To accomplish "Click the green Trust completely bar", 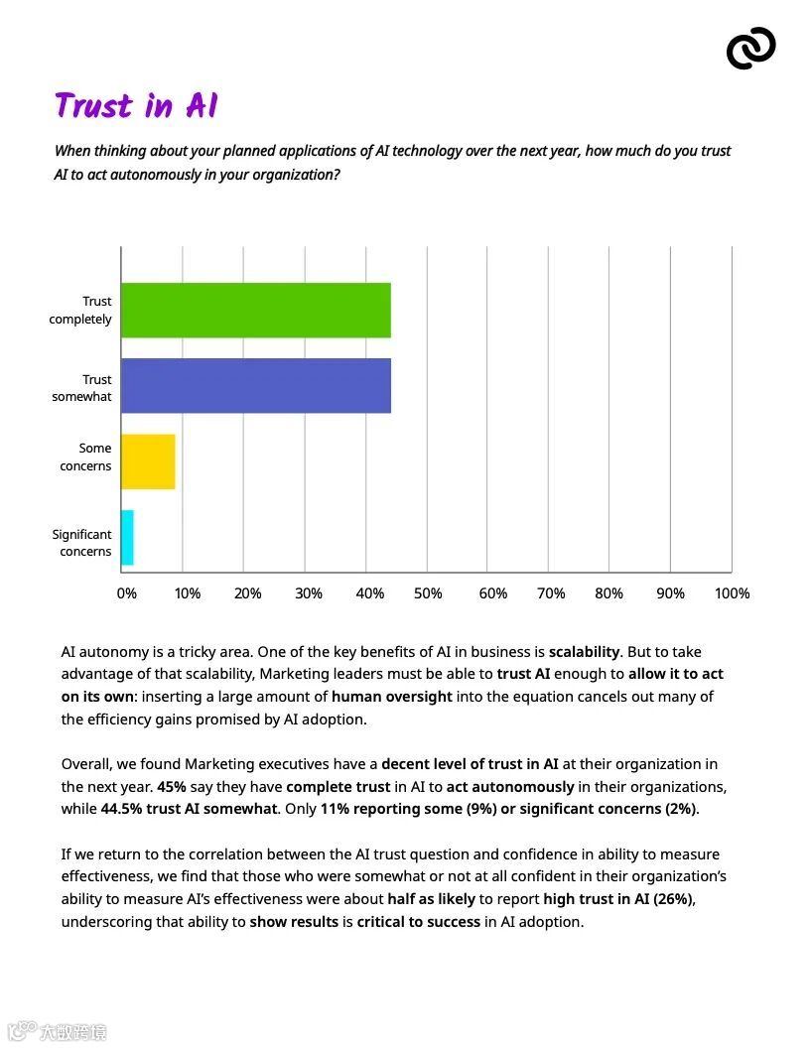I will point(255,311).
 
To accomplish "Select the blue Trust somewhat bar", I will point(255,385).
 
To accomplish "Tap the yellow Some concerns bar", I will point(148,461).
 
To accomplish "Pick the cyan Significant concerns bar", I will point(127,538).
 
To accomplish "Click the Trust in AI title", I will point(136,106).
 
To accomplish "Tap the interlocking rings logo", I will point(750,48).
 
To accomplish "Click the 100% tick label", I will point(732,593).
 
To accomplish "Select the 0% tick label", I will point(126,593).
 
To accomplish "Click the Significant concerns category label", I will point(82,543).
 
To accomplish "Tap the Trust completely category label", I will point(81,310).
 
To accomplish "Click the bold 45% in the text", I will point(172,787).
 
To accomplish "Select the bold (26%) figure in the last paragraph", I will point(673,899).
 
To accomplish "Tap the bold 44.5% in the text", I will point(121,809).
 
